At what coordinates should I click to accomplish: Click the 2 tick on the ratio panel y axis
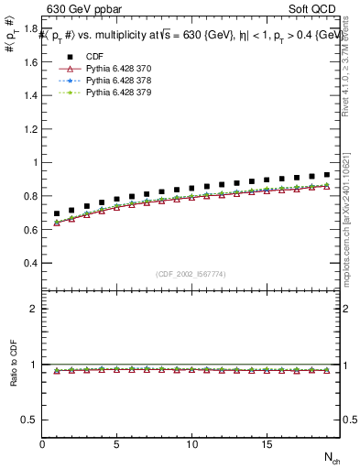35,309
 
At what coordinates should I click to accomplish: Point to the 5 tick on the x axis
116,444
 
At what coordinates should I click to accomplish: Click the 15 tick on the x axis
265,444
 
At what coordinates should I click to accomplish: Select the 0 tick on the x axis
42,444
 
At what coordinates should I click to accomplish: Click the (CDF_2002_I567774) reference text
191,274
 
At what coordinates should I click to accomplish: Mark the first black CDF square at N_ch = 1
57,213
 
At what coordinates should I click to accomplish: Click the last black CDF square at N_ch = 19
326,174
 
